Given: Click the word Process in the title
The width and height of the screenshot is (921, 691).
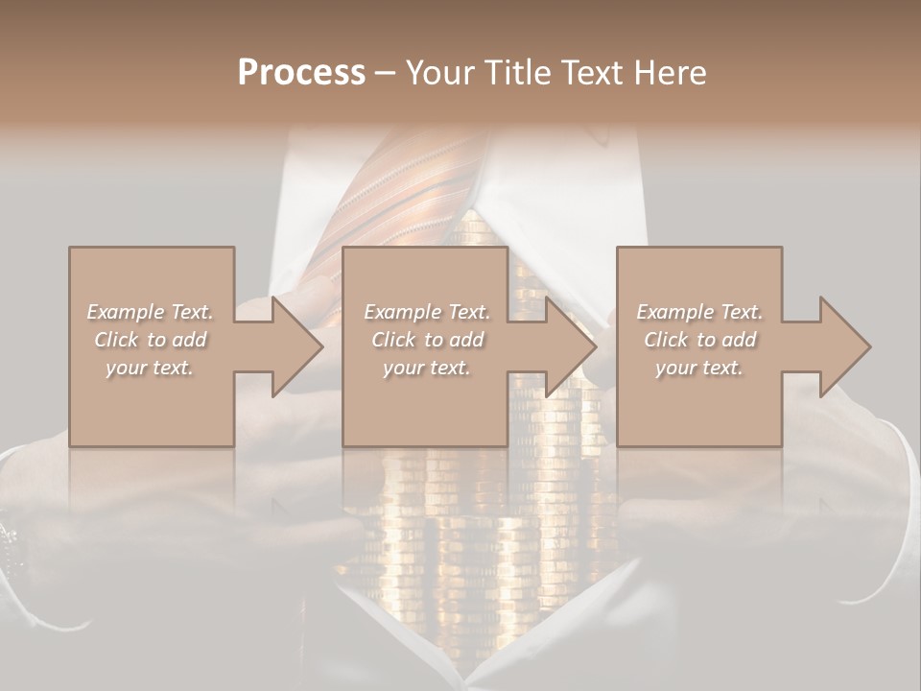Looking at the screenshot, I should [x=301, y=73].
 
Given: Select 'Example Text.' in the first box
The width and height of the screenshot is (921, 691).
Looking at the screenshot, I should [x=151, y=312].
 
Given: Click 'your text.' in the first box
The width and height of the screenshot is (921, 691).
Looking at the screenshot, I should [x=151, y=368].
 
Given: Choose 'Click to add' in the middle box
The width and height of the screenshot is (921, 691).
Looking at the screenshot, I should [x=427, y=340].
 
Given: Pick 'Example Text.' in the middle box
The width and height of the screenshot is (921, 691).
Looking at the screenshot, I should [x=427, y=312].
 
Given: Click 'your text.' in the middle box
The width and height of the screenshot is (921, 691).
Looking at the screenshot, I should [x=427, y=368].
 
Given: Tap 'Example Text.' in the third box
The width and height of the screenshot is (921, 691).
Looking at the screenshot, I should [x=699, y=312].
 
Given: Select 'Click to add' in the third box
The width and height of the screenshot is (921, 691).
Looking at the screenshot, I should [x=699, y=340].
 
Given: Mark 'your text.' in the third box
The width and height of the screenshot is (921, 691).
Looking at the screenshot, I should [x=699, y=368].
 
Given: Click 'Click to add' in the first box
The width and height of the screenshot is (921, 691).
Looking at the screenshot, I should [x=151, y=340].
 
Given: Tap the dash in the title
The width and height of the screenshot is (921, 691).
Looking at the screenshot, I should [x=386, y=73].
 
